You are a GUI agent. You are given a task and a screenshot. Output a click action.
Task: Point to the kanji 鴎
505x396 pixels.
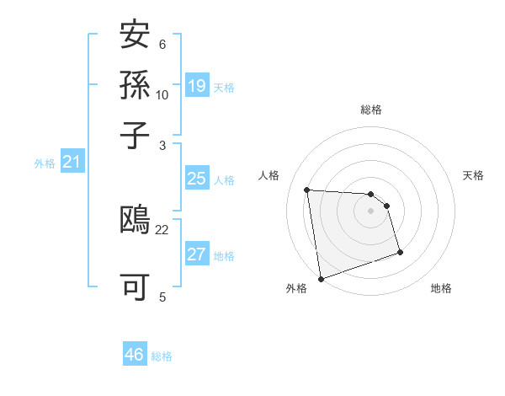tap(136, 221)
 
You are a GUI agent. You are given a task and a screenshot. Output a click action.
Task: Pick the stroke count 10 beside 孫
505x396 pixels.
tap(162, 95)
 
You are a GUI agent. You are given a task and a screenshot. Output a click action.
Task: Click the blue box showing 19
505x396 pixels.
tap(197, 85)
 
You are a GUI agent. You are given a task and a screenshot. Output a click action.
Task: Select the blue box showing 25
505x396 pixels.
tap(197, 179)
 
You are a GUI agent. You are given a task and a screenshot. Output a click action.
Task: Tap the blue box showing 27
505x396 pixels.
tap(197, 254)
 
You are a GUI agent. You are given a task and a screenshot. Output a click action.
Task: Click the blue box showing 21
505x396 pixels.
tap(72, 162)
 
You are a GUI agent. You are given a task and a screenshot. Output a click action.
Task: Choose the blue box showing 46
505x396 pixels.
tap(135, 355)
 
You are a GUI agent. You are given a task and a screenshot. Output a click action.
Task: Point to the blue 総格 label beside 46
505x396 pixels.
tap(162, 356)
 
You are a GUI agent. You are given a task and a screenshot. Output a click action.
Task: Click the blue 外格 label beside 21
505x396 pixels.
tap(45, 163)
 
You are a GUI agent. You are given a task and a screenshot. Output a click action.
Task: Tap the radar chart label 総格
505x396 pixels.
tap(371, 110)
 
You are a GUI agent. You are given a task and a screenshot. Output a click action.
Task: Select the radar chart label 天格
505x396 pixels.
tap(474, 175)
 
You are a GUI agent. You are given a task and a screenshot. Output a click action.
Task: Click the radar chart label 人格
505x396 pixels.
tap(269, 175)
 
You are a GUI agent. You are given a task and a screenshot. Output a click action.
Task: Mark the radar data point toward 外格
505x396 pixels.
tap(321, 278)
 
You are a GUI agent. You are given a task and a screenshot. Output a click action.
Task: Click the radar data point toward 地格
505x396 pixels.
tap(400, 252)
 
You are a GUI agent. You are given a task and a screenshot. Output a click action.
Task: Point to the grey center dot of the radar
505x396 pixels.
tap(371, 211)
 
